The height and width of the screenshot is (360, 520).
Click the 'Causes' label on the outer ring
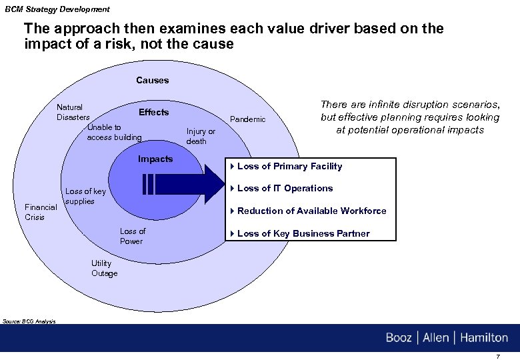[153, 80]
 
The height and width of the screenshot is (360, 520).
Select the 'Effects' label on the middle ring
[153, 112]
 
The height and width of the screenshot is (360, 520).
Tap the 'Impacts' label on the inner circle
[155, 159]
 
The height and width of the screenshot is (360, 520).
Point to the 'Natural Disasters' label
[72, 112]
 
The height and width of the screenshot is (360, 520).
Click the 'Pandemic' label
[247, 119]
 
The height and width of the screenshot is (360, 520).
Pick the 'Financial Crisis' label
[41, 212]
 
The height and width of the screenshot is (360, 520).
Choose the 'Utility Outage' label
[104, 268]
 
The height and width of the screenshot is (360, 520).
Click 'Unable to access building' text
[114, 132]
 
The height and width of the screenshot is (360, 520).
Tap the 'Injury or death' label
[201, 136]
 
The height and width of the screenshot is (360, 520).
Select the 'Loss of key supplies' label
[85, 196]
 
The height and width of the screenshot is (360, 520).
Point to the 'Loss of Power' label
[132, 236]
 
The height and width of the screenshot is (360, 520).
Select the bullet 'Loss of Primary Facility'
[289, 166]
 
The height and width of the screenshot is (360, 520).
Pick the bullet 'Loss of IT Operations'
[285, 188]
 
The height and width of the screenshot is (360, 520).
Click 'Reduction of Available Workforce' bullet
[311, 211]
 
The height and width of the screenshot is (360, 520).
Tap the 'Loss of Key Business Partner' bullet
[303, 233]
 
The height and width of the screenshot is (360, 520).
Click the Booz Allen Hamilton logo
[446, 337]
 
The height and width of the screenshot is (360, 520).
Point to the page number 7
[497, 356]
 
